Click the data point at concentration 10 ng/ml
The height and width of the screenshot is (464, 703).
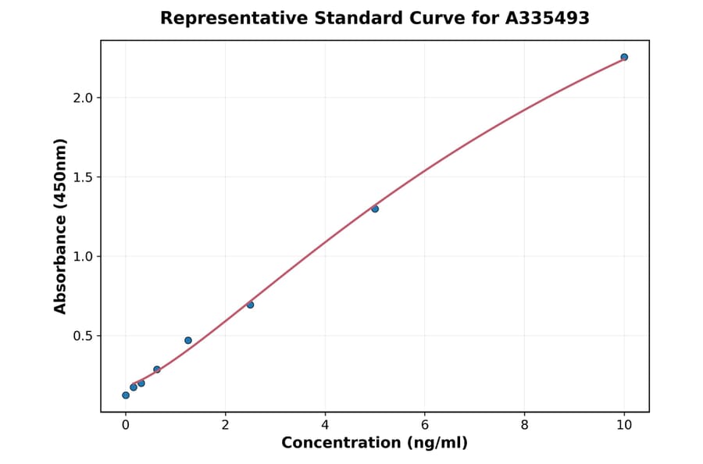624,57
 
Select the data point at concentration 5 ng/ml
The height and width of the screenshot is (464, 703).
375,209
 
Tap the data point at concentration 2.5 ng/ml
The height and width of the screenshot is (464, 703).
250,305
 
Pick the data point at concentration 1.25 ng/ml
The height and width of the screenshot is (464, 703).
188,341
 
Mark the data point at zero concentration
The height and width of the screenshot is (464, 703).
126,395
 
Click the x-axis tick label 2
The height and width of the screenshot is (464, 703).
225,425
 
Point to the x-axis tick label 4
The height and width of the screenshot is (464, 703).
325,425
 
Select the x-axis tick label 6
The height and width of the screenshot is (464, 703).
425,425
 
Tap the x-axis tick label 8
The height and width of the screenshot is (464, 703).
524,425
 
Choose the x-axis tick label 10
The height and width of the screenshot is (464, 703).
624,425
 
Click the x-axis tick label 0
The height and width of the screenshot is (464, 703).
126,425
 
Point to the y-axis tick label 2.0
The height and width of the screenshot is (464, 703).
82,98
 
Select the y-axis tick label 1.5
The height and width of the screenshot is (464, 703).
82,177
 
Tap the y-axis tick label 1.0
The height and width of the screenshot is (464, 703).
82,257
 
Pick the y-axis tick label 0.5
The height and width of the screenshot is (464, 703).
82,336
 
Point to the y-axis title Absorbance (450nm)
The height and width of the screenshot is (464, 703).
61,226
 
